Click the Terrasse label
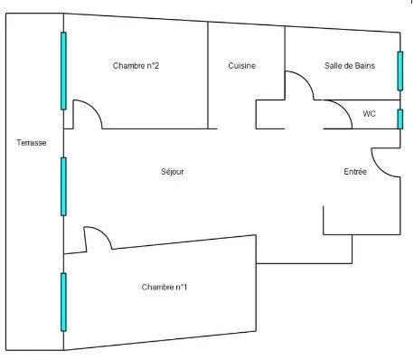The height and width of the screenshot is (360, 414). click(x=32, y=143)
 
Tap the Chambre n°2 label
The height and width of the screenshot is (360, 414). click(x=136, y=66)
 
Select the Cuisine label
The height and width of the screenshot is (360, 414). click(x=241, y=66)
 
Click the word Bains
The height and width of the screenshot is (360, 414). click(x=362, y=65)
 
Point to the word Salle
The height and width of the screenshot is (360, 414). click(x=334, y=65)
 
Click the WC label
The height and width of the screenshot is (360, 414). click(x=369, y=114)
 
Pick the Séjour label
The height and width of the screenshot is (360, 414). click(x=173, y=171)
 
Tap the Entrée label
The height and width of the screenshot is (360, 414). click(x=355, y=172)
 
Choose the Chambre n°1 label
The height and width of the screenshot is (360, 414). click(x=165, y=287)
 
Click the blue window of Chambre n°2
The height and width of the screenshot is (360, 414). click(x=63, y=71)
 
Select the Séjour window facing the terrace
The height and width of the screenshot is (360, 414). click(x=63, y=186)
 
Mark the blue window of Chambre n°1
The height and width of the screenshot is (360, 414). click(x=63, y=301)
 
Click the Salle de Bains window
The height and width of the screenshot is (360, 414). click(x=400, y=71)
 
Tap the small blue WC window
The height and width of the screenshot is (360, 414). click(x=400, y=118)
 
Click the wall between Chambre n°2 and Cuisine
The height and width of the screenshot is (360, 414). click(x=209, y=72)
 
